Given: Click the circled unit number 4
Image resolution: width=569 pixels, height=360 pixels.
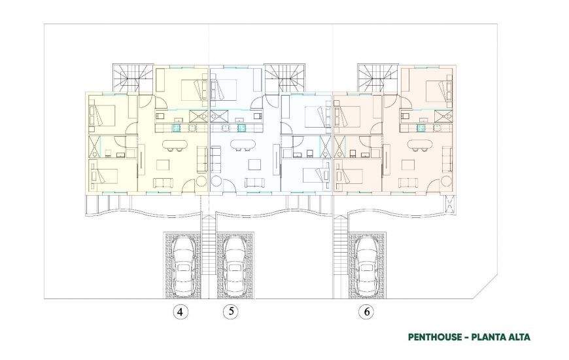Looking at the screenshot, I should pyautogui.click(x=179, y=312).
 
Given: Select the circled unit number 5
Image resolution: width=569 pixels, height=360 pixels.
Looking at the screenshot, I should pyautogui.click(x=230, y=312).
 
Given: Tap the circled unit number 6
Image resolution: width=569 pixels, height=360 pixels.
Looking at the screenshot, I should pyautogui.click(x=367, y=312).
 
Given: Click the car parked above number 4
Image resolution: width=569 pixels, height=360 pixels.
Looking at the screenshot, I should pyautogui.click(x=183, y=264).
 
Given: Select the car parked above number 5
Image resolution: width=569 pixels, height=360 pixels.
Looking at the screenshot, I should pyautogui.click(x=234, y=264).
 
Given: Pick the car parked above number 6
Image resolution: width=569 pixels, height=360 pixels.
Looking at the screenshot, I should pyautogui.click(x=368, y=264).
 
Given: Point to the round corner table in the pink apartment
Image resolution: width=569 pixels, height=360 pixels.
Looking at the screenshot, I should pyautogui.click(x=446, y=181).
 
